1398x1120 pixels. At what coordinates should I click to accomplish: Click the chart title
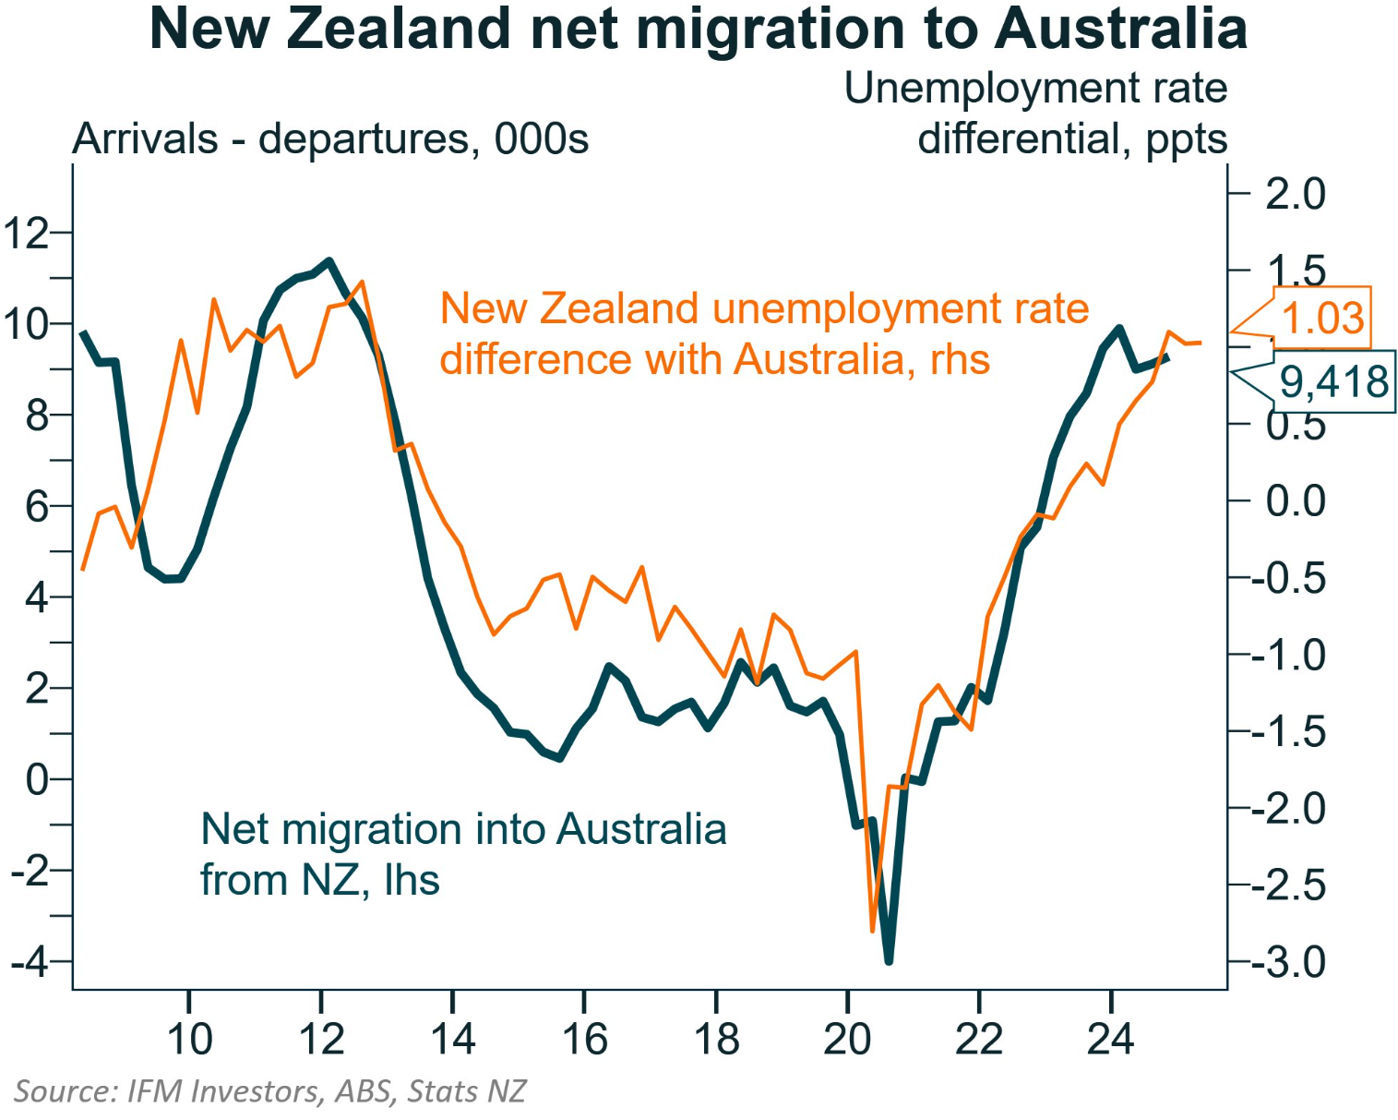698,30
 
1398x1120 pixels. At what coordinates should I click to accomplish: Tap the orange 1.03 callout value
1322,318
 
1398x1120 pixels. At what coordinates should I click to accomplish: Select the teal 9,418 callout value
1334,380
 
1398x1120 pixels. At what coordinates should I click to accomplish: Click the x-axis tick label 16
584,1040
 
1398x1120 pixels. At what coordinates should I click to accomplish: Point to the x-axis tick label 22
978,1040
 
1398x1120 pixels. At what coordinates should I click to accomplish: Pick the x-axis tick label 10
189,1040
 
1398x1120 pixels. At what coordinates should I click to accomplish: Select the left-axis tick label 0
37,780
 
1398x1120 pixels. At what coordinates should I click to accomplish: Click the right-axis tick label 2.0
1295,195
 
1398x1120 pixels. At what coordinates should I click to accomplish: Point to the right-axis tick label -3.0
1288,963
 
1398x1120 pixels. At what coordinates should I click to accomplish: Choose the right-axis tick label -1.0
1288,656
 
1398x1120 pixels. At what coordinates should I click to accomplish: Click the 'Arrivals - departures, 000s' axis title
330,139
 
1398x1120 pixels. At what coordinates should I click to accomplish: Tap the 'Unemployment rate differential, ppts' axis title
1035,114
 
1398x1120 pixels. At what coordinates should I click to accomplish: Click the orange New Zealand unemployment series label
764,333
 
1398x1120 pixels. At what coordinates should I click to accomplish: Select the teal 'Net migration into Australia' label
463,854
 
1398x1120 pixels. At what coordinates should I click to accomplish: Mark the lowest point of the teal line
889,960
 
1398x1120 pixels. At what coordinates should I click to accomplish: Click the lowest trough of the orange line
872,931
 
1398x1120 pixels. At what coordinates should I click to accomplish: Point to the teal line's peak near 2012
329,261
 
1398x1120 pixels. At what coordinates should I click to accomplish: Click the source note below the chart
269,1091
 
